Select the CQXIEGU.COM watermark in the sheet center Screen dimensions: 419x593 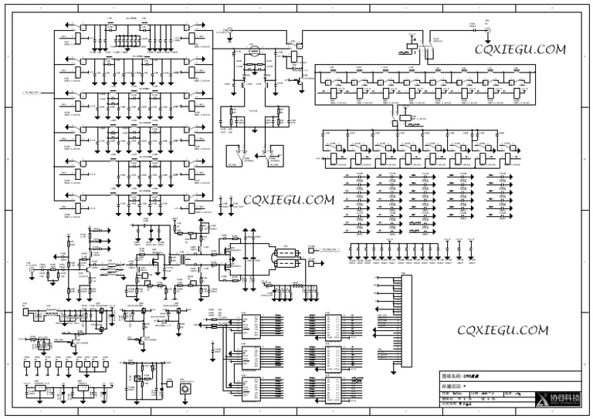pyautogui.click(x=289, y=199)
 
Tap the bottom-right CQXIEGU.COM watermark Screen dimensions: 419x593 pyautogui.click(x=503, y=330)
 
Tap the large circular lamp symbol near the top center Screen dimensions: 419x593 pyautogui.click(x=253, y=51)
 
